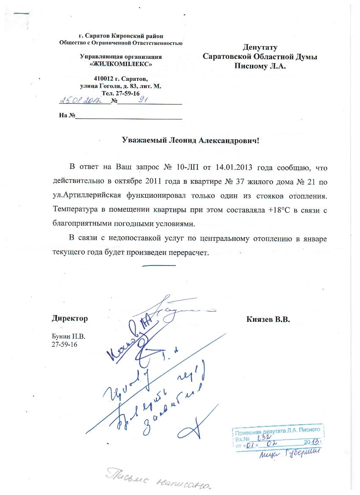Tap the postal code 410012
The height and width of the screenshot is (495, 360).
point(103,79)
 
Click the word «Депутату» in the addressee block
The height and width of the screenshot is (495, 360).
point(260,47)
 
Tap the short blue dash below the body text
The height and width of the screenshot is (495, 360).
point(159,266)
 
